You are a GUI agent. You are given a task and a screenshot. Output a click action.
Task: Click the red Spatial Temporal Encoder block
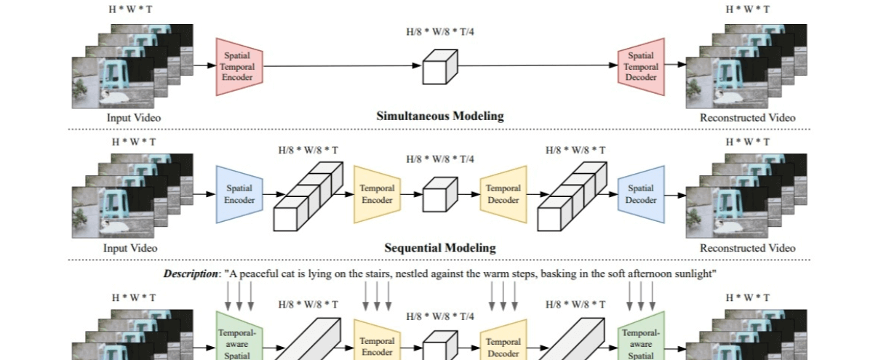(239, 66)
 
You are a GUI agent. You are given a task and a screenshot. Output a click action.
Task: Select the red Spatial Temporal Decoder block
(641, 66)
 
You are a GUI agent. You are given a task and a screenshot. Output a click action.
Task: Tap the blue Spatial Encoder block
(239, 194)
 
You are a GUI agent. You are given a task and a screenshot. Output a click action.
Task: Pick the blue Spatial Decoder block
(641, 194)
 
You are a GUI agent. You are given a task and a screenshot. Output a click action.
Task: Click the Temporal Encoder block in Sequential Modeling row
(377, 194)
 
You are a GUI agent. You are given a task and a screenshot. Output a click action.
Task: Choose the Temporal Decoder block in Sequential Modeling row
(503, 194)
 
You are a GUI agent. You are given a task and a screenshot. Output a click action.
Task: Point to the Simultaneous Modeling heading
(439, 116)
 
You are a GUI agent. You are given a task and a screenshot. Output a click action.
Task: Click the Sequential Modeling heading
(439, 247)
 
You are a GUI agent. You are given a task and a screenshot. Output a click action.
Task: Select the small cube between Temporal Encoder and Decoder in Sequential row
(439, 194)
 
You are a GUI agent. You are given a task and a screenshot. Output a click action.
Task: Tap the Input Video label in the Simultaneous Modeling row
(133, 117)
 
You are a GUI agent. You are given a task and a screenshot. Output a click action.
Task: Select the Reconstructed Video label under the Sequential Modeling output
(747, 248)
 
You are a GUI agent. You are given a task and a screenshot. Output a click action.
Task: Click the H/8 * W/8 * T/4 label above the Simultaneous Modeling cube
(439, 32)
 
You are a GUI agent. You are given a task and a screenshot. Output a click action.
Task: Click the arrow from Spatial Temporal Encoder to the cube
(342, 66)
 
